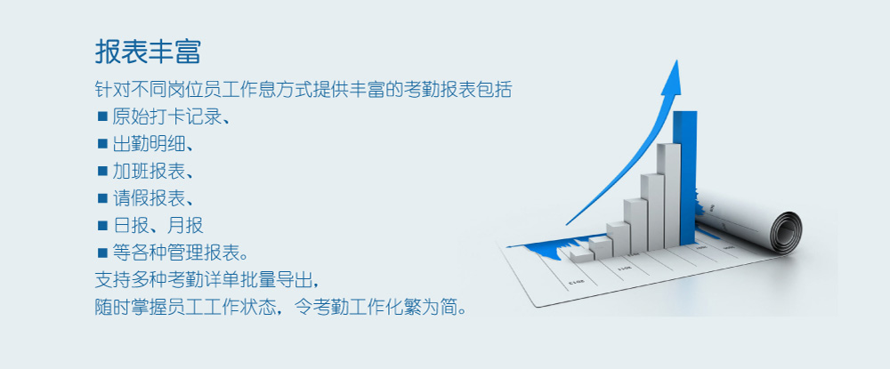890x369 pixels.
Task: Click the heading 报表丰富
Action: coord(148,52)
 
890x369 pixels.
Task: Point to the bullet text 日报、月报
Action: coord(158,226)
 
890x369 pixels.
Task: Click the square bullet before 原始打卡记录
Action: coord(102,116)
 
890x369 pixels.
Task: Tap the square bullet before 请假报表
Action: coord(102,198)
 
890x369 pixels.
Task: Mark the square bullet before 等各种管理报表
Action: coord(102,253)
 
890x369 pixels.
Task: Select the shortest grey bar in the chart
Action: coord(582,256)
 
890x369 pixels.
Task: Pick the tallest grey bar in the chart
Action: coord(671,196)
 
